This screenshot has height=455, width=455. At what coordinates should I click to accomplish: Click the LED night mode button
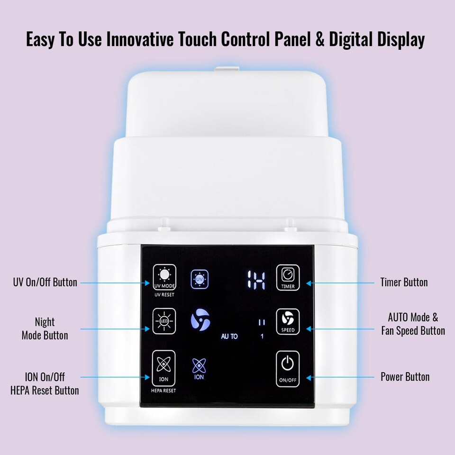click(164, 321)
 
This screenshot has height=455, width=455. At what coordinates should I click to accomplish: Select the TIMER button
click(288, 278)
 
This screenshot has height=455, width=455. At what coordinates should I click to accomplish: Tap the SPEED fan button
click(288, 321)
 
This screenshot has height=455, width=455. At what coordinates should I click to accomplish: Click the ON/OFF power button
click(288, 369)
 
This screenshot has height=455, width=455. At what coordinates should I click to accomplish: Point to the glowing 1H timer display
click(256, 281)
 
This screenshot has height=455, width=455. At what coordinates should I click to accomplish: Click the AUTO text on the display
click(229, 337)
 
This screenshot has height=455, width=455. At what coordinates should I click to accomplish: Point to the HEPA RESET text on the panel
click(164, 391)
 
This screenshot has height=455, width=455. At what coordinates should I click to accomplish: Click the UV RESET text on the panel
click(164, 295)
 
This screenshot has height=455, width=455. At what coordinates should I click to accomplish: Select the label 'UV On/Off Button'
click(45, 282)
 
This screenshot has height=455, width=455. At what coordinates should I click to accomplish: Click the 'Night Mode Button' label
click(45, 328)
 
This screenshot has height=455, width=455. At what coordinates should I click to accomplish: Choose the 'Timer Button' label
click(404, 282)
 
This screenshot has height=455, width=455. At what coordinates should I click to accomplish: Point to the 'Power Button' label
click(405, 377)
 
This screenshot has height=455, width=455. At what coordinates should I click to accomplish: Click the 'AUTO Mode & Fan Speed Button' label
click(413, 324)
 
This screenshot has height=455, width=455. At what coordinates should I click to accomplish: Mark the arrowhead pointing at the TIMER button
click(309, 283)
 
